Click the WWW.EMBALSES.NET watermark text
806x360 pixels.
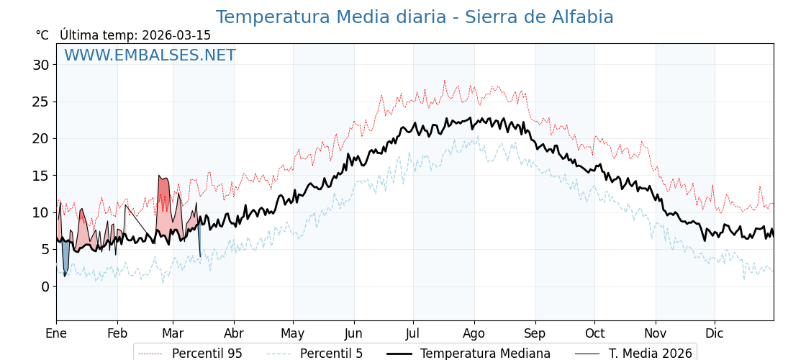pyautogui.click(x=150, y=55)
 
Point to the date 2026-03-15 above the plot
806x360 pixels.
pyautogui.click(x=176, y=35)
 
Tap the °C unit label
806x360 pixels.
pyautogui.click(x=42, y=35)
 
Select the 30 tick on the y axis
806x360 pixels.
pyautogui.click(x=41, y=65)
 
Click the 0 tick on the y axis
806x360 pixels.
pyautogui.click(x=45, y=287)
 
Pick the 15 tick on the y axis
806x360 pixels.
pyautogui.click(x=41, y=176)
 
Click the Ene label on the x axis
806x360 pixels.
pyautogui.click(x=56, y=333)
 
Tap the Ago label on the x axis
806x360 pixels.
pyautogui.click(x=474, y=333)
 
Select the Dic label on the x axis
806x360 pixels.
pyautogui.click(x=715, y=333)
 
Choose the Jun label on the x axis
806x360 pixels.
pyautogui.click(x=354, y=333)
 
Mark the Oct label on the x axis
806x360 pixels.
pyautogui.click(x=594, y=333)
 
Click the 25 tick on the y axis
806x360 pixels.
pyautogui.click(x=41, y=102)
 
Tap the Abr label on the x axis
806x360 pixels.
pyautogui.click(x=234, y=333)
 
